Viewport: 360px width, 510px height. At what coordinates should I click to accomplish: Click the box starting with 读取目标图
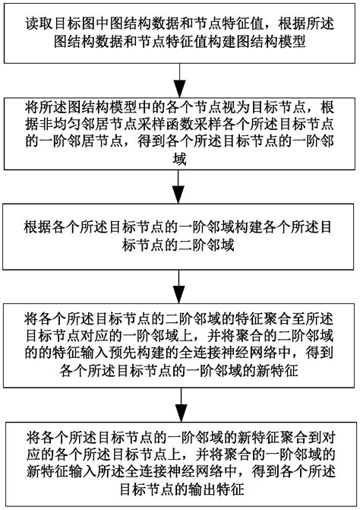[180, 33]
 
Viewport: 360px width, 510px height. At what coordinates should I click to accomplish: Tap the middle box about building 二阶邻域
[180, 235]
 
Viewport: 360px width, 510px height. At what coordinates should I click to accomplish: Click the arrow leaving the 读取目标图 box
[180, 80]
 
